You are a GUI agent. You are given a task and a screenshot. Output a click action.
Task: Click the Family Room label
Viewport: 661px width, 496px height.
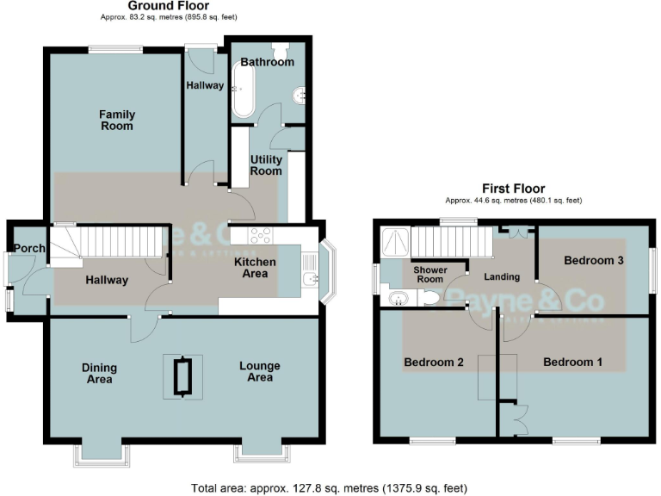[116, 120]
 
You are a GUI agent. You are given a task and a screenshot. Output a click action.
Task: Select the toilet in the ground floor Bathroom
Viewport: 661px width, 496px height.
[279, 50]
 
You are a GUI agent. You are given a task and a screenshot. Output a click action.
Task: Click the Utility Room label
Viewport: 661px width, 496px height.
[266, 164]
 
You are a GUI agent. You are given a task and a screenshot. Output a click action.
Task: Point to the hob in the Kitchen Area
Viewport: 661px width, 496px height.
[261, 234]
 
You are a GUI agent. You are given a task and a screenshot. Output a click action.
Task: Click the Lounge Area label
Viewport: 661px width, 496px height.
[259, 371]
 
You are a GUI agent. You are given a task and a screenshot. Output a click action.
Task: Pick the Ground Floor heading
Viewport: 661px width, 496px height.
[169, 6]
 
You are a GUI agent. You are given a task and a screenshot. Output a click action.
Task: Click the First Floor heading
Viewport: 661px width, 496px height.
[513, 189]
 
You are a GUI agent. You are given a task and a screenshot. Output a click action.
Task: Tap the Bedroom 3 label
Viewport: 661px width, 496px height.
[593, 260]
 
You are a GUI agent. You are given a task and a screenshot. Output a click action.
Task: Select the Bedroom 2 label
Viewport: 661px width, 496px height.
[434, 363]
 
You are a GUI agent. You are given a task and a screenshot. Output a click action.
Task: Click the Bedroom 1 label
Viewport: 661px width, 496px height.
[572, 363]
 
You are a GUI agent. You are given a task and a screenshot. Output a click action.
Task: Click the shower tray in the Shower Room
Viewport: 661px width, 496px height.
[395, 239]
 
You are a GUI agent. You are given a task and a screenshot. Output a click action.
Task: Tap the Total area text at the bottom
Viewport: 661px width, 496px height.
[330, 487]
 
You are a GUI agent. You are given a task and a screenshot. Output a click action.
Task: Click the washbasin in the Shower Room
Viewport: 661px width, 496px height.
[398, 299]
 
